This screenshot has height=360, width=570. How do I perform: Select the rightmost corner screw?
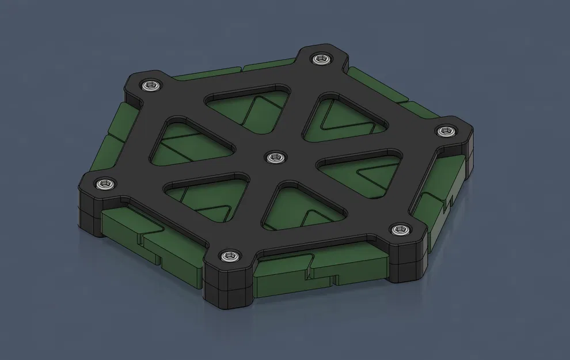tap(445, 131)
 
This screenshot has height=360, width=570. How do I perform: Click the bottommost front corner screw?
tap(229, 255)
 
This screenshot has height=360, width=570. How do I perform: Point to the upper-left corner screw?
tap(151, 86)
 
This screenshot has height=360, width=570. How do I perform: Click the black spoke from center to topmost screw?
tap(299, 104)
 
